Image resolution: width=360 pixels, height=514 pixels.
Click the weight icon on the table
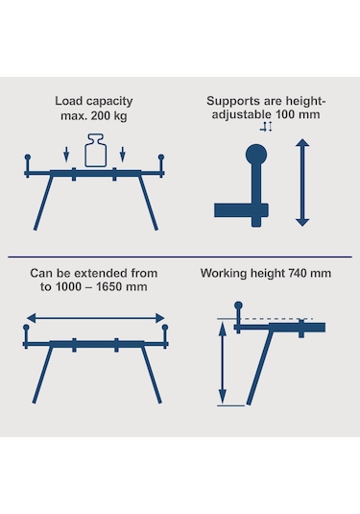(x=96, y=150)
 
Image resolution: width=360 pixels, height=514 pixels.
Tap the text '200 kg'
(x=108, y=115)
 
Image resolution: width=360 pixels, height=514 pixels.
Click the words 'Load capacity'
(x=94, y=101)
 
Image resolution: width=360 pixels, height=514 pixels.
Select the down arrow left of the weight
(x=66, y=154)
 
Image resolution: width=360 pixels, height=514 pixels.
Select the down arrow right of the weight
(x=123, y=154)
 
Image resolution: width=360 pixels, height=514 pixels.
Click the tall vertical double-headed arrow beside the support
(x=302, y=183)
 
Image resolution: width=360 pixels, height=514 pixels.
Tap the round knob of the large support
(x=256, y=155)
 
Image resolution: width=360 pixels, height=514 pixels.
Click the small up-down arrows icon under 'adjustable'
(x=266, y=127)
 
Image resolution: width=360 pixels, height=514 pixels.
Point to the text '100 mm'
(x=298, y=114)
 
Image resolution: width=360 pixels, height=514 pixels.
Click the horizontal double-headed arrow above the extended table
(x=95, y=318)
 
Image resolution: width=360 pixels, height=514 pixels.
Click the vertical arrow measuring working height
(x=223, y=363)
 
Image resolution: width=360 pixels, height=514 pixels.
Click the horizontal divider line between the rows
(x=180, y=257)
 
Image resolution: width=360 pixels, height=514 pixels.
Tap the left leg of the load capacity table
(x=43, y=202)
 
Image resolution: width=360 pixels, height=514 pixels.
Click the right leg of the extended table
(x=152, y=375)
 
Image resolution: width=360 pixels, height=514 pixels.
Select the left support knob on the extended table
(x=26, y=328)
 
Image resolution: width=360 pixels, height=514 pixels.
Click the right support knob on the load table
(x=161, y=158)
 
